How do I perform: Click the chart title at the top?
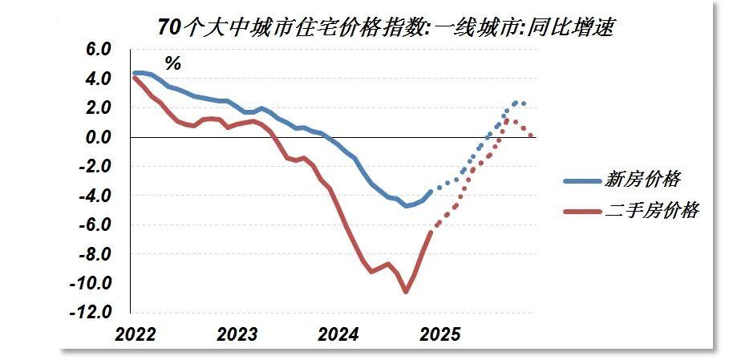tap(387, 26)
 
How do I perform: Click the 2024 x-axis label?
tap(338, 334)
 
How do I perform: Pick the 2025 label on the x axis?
tap(439, 334)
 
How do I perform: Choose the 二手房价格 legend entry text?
tap(652, 211)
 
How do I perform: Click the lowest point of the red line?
tap(406, 292)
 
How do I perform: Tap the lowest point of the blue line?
tap(406, 206)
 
